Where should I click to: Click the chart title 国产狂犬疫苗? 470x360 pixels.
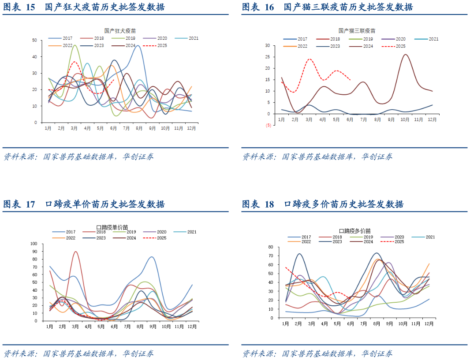120,31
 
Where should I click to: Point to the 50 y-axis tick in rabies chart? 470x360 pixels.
34,40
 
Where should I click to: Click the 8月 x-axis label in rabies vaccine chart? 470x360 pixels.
139,128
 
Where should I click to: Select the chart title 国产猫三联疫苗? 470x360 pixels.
357,31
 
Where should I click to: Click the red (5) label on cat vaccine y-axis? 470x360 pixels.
268,125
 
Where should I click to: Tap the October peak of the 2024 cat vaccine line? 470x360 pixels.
405,55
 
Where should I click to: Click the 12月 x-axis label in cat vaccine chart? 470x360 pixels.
432,119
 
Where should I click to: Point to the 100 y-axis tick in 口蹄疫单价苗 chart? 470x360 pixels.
34,243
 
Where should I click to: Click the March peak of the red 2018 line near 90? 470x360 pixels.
76,252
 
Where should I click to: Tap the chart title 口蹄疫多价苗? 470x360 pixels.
354,230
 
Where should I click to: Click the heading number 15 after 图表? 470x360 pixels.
30,7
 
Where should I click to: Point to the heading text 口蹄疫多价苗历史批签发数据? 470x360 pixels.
343,204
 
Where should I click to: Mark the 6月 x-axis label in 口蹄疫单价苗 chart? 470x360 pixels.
114,327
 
